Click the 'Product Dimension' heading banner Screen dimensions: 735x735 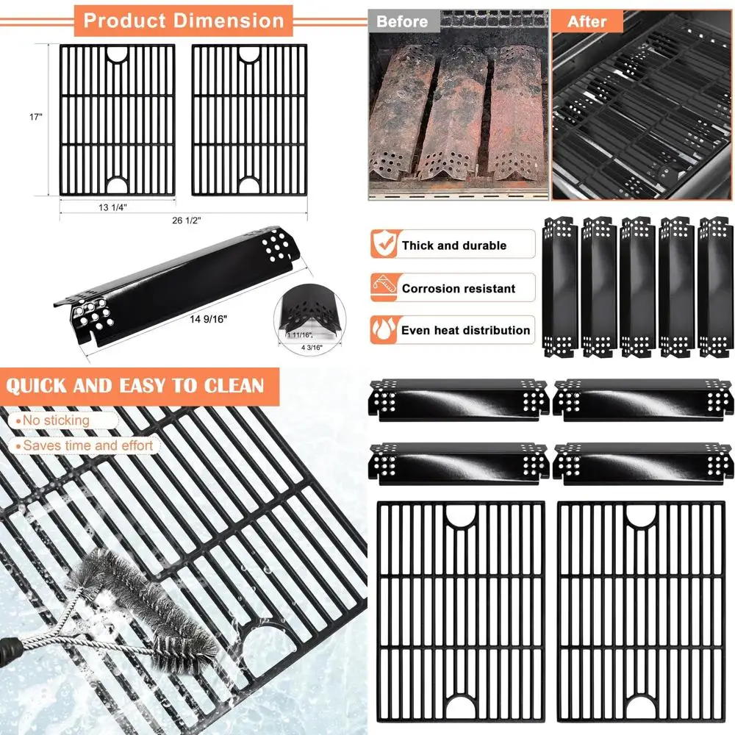pos(183,20)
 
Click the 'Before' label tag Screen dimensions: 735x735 pos(402,21)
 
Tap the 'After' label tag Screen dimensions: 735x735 pos(587,21)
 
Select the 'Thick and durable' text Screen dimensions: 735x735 pos(453,245)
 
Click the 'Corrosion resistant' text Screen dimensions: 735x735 pos(459,288)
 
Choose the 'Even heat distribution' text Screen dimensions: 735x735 pos(465,330)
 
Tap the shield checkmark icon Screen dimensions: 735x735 pos(383,244)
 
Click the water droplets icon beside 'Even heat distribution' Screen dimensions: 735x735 pos(383,329)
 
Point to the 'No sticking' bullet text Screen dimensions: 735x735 pos(55,420)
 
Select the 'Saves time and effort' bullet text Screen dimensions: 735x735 pos(87,445)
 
